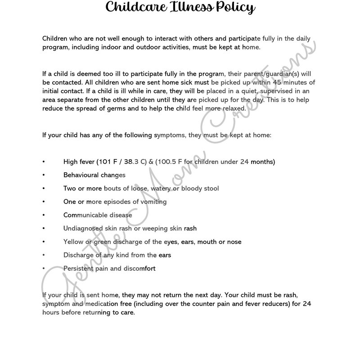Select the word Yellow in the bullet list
coord(74,242)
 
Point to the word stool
coord(210,189)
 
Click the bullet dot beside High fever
coord(44,162)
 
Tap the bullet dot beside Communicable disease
coord(44,215)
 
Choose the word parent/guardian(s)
coord(279,73)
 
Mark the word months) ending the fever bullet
coord(263,162)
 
